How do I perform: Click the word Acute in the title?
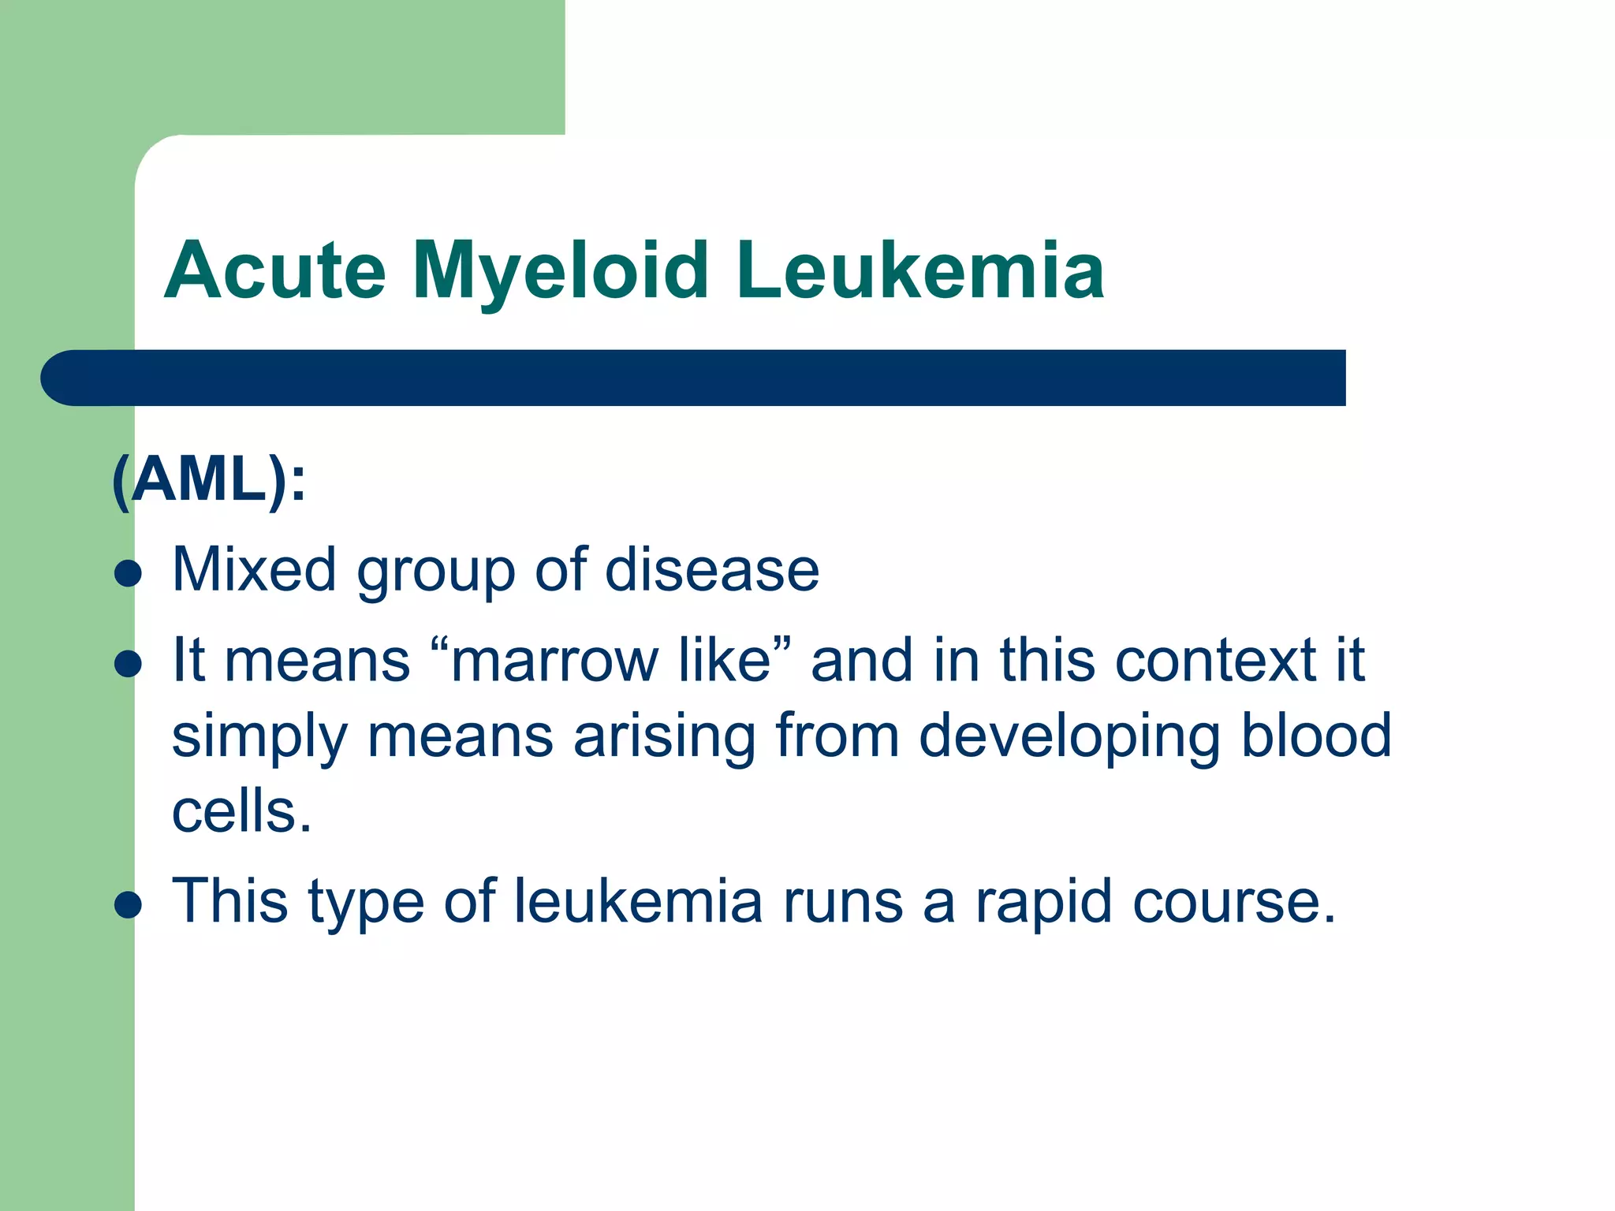point(275,270)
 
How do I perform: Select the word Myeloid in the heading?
point(561,270)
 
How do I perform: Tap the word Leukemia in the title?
point(920,270)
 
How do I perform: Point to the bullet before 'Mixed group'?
point(128,573)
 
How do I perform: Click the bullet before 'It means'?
point(128,663)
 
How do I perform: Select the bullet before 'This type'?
point(128,904)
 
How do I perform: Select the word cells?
point(241,811)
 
